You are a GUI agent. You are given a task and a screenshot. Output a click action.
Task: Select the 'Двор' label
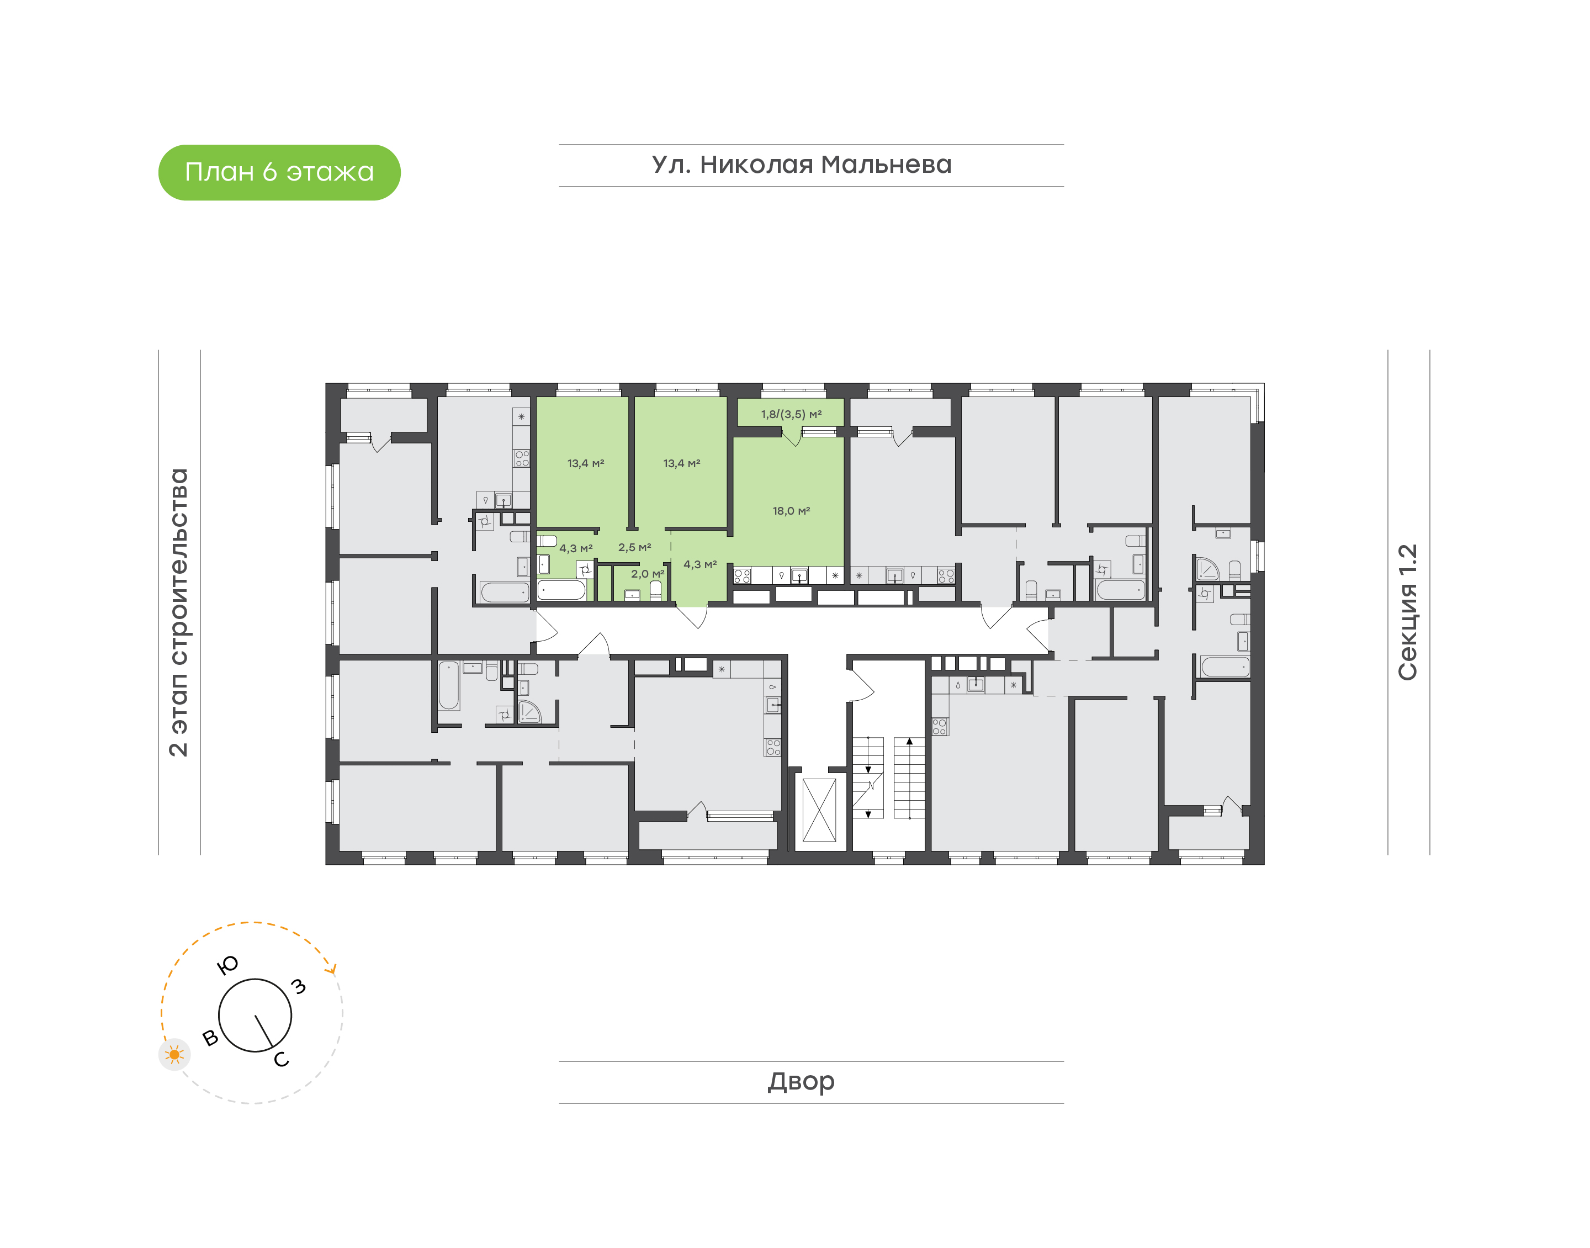(801, 1081)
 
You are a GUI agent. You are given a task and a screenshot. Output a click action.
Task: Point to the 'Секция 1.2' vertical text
(1407, 612)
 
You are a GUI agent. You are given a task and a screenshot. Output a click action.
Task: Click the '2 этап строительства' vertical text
(178, 612)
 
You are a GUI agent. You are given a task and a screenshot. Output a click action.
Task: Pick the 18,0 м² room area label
(791, 511)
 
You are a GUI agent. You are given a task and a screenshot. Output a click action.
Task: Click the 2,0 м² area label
(647, 574)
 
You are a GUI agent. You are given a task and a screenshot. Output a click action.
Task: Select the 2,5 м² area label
(634, 547)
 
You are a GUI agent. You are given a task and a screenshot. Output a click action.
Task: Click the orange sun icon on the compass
(174, 1054)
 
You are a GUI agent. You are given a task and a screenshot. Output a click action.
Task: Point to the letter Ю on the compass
(228, 965)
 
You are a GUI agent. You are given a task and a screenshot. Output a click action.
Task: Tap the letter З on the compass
(298, 986)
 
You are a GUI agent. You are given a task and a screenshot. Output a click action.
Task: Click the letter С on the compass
(281, 1060)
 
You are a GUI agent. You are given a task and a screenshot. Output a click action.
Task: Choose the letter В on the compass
(210, 1038)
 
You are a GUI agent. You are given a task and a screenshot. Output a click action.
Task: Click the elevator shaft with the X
(819, 810)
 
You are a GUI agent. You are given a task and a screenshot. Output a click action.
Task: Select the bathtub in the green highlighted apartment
(561, 590)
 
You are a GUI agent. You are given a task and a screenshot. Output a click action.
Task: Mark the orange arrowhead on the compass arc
(333, 969)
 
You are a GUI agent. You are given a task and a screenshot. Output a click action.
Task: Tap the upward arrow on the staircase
(909, 742)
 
